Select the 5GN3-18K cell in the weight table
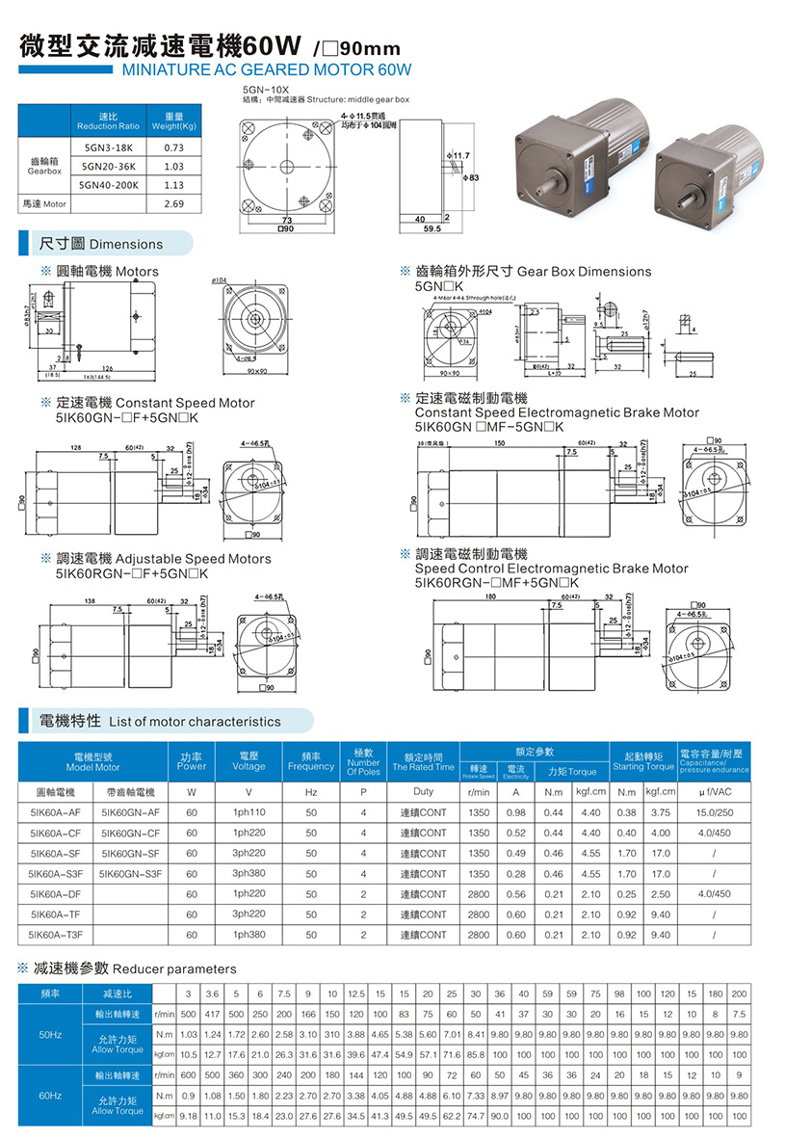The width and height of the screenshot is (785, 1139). coord(108,147)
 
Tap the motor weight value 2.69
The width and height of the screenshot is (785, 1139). coord(173,203)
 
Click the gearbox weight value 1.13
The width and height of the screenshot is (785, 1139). coord(173,185)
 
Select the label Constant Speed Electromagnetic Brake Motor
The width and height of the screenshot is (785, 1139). coord(557,412)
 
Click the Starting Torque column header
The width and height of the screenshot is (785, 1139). coord(642,767)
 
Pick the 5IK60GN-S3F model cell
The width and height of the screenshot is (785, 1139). coord(131,874)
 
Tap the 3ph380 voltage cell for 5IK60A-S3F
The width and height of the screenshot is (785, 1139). coord(249,874)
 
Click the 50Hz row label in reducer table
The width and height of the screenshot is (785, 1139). coord(50,1034)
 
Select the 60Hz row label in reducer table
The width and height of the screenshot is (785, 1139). coord(50,1096)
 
